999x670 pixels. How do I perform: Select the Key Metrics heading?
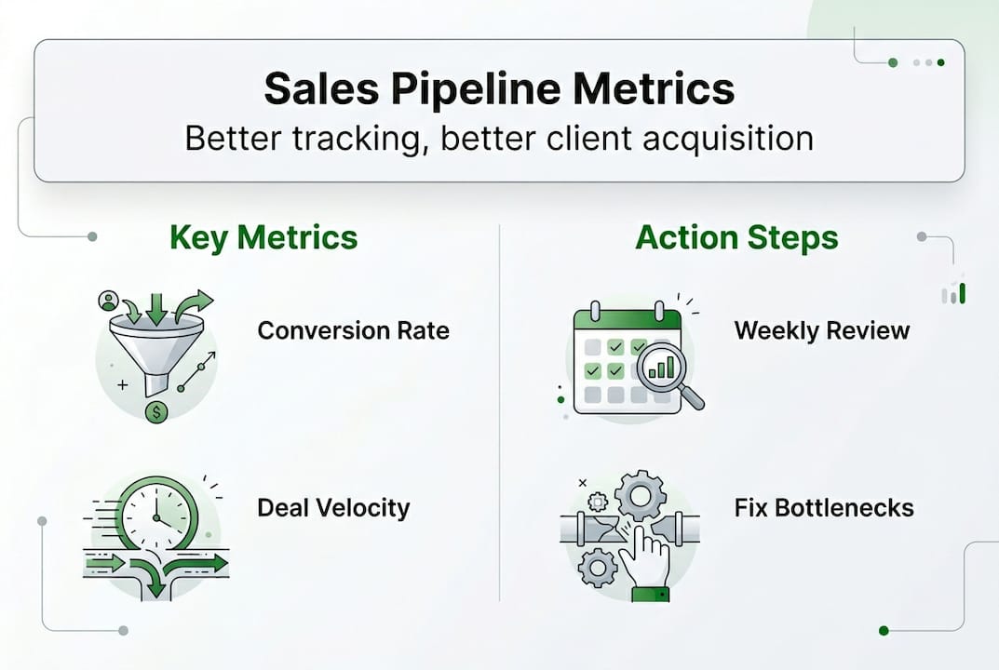263,237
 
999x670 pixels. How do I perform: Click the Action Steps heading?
736,237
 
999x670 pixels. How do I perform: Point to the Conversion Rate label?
353,330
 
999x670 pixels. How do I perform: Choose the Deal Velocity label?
333,507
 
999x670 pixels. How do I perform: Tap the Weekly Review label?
821,330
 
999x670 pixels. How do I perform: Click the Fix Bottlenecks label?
824,508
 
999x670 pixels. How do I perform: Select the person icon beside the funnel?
109,301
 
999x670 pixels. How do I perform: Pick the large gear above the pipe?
640,495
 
